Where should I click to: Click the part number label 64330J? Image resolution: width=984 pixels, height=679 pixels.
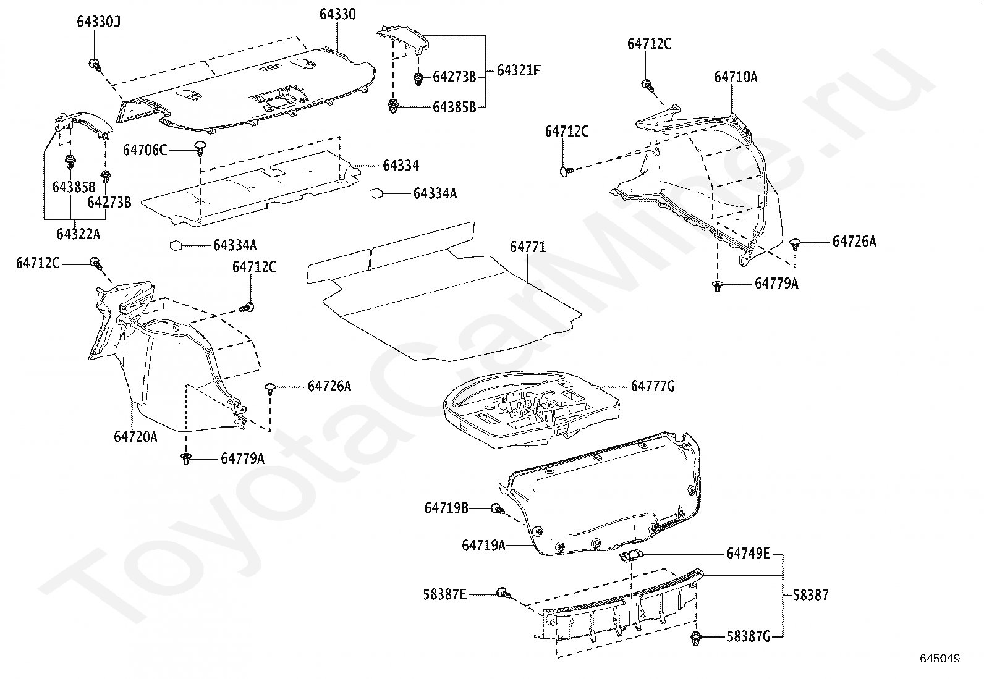tap(98, 22)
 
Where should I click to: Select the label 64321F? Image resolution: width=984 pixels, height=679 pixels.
tap(519, 70)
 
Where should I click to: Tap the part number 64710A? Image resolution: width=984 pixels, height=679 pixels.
tap(736, 77)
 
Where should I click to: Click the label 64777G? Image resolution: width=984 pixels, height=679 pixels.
tap(653, 387)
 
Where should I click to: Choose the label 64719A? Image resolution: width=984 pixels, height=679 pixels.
tap(483, 546)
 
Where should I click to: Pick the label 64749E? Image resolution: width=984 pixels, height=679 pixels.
tap(748, 553)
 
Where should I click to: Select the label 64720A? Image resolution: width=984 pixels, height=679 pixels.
tap(135, 437)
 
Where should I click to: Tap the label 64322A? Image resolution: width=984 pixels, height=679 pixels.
tap(78, 234)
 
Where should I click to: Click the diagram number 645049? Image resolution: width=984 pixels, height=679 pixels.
tap(941, 659)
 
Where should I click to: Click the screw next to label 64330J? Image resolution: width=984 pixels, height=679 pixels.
tap(95, 64)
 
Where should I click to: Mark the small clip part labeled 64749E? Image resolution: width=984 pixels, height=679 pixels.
tap(632, 555)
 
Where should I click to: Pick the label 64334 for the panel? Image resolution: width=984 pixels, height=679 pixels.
tap(401, 166)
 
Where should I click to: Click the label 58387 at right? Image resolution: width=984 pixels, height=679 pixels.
tap(810, 596)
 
